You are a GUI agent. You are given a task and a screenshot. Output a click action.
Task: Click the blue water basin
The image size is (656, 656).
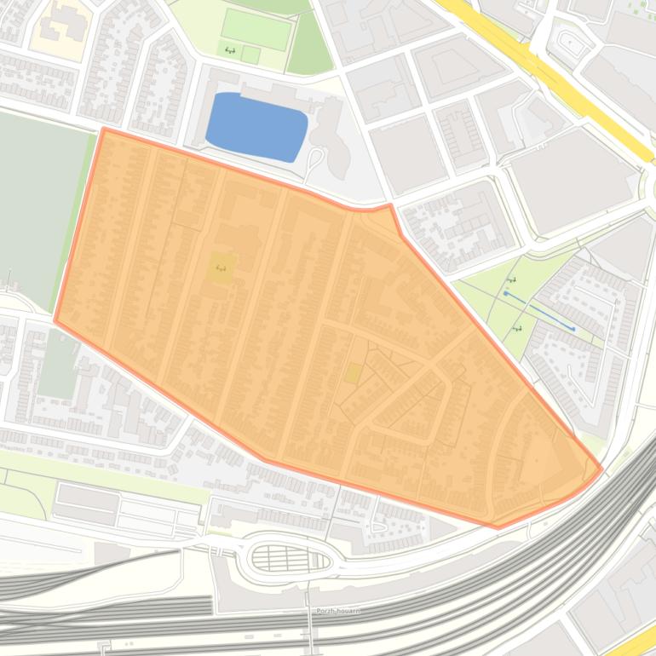point(256,126)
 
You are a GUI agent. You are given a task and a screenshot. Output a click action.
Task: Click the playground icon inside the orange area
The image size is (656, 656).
point(222,268)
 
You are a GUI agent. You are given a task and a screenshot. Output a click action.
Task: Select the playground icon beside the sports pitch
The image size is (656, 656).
point(230,51)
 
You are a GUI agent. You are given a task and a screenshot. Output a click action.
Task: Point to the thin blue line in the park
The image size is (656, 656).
point(538,311)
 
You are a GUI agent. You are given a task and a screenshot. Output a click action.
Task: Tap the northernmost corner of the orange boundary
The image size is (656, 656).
point(103,129)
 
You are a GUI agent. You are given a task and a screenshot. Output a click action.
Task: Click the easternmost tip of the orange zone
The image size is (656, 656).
point(602,469)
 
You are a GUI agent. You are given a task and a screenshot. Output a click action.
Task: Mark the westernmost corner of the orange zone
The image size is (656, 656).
point(55,321)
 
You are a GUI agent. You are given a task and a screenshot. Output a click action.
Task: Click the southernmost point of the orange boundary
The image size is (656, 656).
point(498,527)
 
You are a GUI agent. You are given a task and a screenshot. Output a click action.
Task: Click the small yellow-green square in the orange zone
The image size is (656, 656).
point(353,373)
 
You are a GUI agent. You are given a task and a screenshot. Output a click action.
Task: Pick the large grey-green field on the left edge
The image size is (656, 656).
point(38,204)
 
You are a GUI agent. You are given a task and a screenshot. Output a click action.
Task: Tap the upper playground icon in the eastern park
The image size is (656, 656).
point(511,280)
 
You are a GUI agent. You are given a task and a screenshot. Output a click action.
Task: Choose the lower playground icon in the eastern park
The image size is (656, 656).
point(517,328)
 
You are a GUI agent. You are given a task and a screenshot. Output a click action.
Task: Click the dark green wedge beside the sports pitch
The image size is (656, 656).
point(308,47)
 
